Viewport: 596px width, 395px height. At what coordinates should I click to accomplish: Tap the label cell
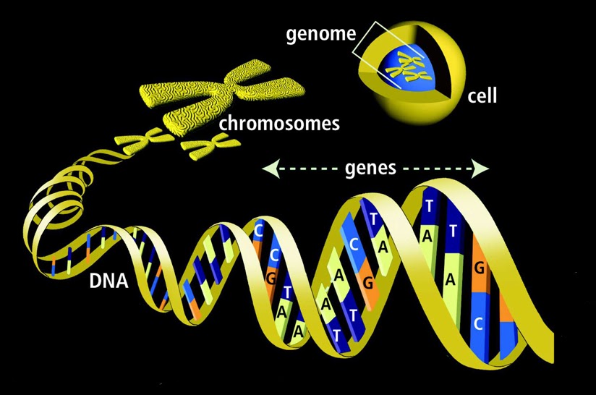click(x=482, y=95)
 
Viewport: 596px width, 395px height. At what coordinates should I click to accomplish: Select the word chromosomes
click(x=278, y=123)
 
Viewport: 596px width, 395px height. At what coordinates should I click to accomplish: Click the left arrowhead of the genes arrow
click(x=267, y=169)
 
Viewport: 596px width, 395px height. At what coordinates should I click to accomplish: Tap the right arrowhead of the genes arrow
click(x=482, y=169)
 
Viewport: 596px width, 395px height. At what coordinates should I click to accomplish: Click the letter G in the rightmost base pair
click(x=478, y=268)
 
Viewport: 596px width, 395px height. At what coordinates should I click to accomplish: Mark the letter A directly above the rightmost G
click(x=450, y=281)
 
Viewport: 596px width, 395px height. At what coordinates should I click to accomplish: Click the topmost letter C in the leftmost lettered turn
click(x=258, y=230)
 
